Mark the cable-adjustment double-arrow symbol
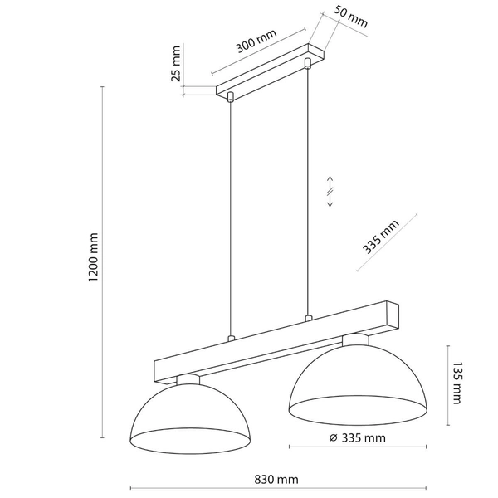click(x=330, y=193)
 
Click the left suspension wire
click(x=232, y=216)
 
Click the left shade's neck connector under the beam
click(x=189, y=379)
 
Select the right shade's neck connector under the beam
click(x=355, y=339)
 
